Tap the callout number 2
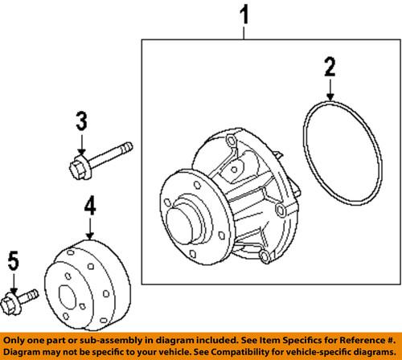(328, 66)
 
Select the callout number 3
(81, 123)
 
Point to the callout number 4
(90, 207)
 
